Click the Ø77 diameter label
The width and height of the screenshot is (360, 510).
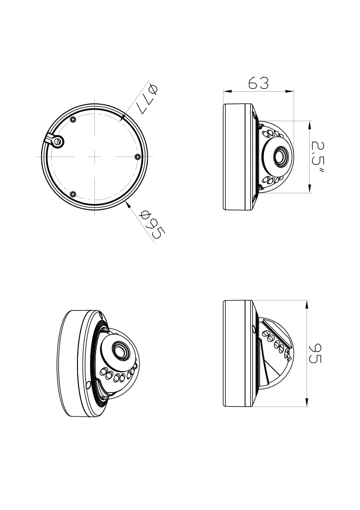click(x=148, y=99)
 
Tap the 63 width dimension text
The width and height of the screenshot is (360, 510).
click(x=258, y=83)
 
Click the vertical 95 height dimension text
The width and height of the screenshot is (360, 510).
click(x=315, y=353)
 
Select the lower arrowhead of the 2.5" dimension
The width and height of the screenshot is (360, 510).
click(x=310, y=190)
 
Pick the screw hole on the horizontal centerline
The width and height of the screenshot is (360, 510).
click(x=137, y=157)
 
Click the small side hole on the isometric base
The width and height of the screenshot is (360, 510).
click(x=88, y=386)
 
